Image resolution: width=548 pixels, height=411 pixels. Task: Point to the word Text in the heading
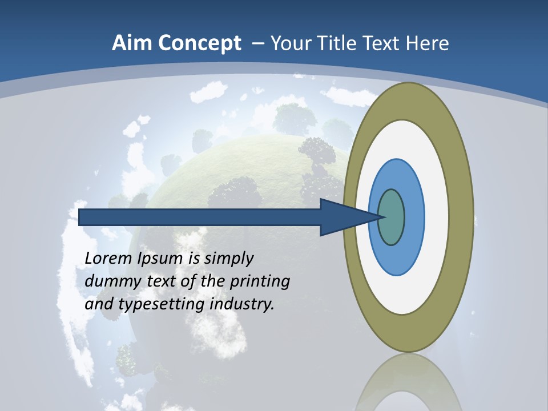pos(385,43)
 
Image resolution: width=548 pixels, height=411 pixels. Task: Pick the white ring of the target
pos(437,217)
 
